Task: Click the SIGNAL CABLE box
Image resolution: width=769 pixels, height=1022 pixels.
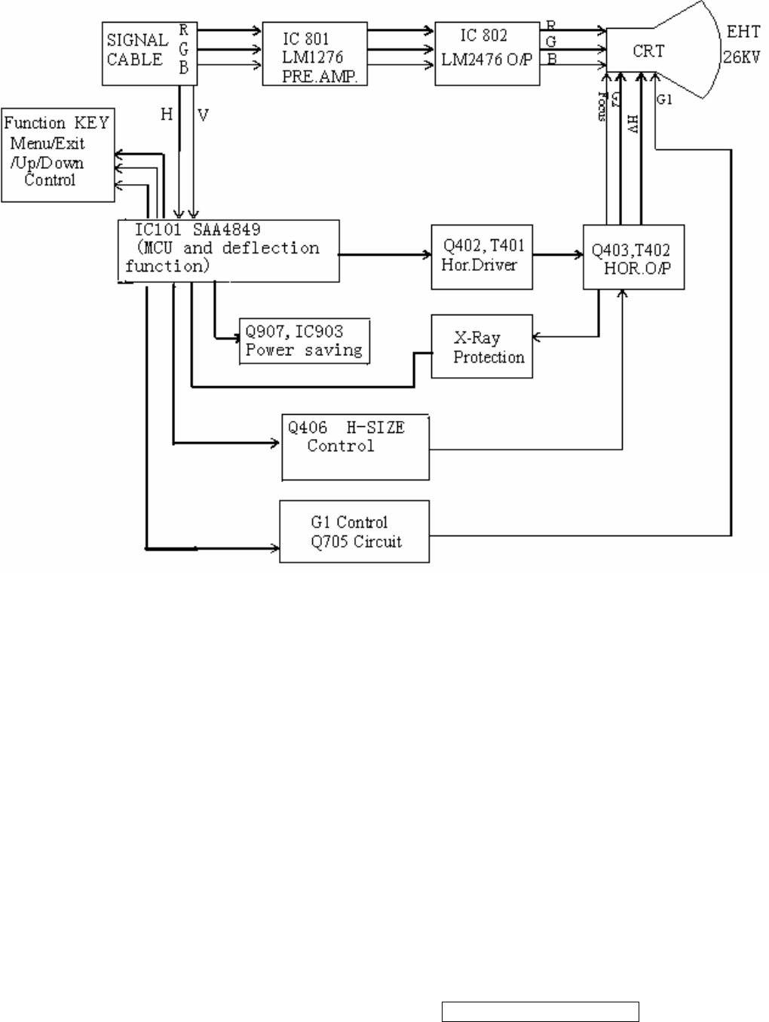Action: pyautogui.click(x=149, y=53)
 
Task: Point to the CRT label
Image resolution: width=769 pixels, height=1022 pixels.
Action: pyautogui.click(x=648, y=51)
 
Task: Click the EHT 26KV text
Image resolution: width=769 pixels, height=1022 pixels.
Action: pyautogui.click(x=743, y=45)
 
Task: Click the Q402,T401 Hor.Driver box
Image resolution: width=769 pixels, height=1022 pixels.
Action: pyautogui.click(x=482, y=256)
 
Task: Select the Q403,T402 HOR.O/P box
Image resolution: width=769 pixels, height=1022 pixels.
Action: pyautogui.click(x=633, y=258)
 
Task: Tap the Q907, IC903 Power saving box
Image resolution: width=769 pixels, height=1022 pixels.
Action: pyautogui.click(x=305, y=341)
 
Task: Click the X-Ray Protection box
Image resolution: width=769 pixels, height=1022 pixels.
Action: pyautogui.click(x=482, y=347)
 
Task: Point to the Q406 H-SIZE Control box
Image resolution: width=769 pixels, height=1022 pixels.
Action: pyautogui.click(x=355, y=447)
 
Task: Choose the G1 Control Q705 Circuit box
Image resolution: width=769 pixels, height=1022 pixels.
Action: pyautogui.click(x=354, y=532)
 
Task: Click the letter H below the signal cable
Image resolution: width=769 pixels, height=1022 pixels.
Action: pyautogui.click(x=167, y=115)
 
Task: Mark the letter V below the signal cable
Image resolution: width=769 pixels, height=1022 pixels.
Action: pyautogui.click(x=203, y=115)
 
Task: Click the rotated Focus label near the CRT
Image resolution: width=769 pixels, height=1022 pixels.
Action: pyautogui.click(x=601, y=106)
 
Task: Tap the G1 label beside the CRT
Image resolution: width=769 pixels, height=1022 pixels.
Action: pyautogui.click(x=664, y=100)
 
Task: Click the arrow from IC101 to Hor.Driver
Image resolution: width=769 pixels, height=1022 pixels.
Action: pyautogui.click(x=384, y=255)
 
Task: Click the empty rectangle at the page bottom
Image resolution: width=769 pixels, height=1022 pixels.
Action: pyautogui.click(x=541, y=1011)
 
